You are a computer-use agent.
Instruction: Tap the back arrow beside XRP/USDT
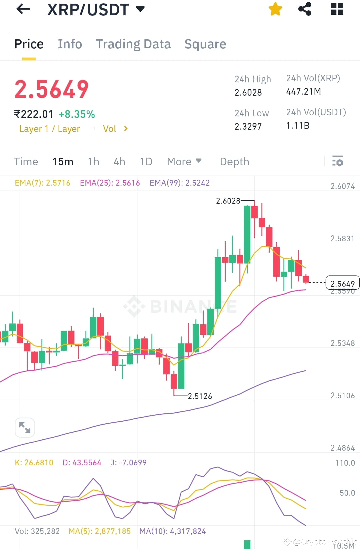coord(23,9)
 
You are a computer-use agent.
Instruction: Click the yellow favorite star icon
coord(275,9)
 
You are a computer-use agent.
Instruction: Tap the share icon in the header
coord(305,9)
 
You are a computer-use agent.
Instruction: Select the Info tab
coord(70,44)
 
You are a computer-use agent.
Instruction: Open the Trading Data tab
coord(133,44)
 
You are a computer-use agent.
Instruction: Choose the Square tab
coord(205,44)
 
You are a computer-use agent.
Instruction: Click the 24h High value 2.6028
coord(248,93)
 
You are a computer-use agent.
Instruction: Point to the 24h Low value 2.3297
coord(248,127)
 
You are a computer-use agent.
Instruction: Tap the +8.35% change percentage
coord(77,114)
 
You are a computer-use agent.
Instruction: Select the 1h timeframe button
coord(93,162)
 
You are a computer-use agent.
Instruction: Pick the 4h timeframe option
coord(119,162)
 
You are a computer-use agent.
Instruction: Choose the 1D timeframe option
coord(146,162)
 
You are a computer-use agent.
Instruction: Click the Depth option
coord(234,162)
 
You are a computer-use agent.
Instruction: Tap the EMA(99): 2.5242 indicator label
coord(179,183)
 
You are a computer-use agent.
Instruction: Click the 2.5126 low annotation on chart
coord(200,396)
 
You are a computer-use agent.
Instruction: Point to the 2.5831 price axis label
coord(342,239)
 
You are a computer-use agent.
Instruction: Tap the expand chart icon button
coord(25,427)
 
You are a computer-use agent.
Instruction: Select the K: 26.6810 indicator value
coord(34,463)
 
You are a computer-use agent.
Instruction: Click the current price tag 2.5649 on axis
coord(342,284)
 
